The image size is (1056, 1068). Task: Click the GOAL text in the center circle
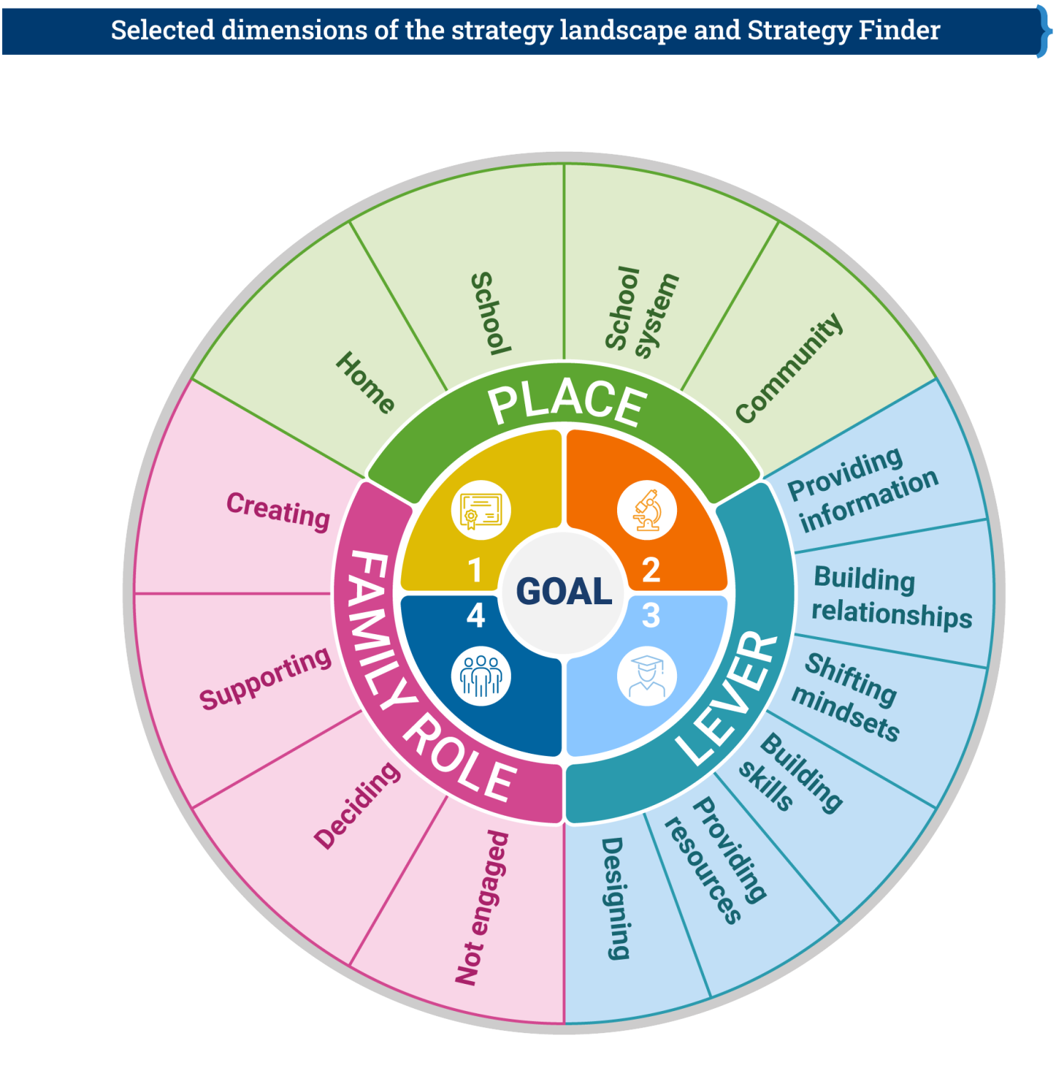(564, 591)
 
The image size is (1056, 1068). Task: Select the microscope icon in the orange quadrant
(647, 510)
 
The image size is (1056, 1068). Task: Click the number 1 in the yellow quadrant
(475, 570)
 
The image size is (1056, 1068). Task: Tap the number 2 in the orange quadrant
(651, 570)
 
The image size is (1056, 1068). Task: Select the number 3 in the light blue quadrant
(651, 616)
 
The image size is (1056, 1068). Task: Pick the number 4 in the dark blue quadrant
(475, 616)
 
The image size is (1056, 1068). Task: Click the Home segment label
(366, 382)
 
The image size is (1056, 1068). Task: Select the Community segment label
(790, 368)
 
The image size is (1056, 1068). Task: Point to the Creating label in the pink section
(278, 510)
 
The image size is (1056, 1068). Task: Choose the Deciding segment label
(357, 805)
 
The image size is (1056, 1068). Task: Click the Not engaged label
(482, 908)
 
